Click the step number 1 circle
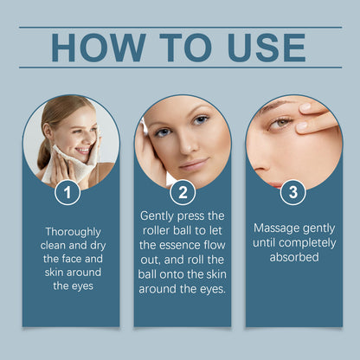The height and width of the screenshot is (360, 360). pyautogui.click(x=67, y=192)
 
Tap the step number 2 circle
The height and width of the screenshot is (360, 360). pyautogui.click(x=183, y=192)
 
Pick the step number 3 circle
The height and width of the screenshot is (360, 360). pyautogui.click(x=292, y=192)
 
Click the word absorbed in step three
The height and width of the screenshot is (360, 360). pyautogui.click(x=293, y=257)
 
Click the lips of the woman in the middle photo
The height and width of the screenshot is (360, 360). pyautogui.click(x=193, y=164)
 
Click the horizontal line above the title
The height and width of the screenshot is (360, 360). pyautogui.click(x=180, y=27)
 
